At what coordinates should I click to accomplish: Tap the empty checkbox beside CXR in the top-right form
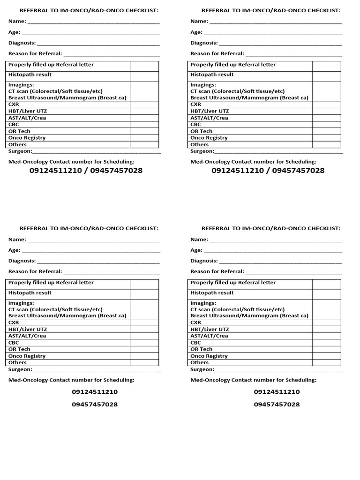pyautogui.click(x=326, y=105)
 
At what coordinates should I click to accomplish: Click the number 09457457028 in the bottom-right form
pyautogui.click(x=277, y=405)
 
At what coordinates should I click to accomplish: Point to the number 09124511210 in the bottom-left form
pyautogui.click(x=95, y=392)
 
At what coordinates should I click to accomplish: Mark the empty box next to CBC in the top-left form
pyautogui.click(x=144, y=125)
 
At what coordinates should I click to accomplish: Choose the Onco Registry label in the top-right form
pyautogui.click(x=209, y=138)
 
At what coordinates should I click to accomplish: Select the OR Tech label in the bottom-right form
pyautogui.click(x=202, y=349)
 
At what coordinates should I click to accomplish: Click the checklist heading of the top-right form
pyautogui.click(x=271, y=10)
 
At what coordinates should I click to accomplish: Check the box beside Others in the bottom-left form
pyautogui.click(x=144, y=363)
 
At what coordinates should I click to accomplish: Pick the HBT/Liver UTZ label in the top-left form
pyautogui.click(x=28, y=111)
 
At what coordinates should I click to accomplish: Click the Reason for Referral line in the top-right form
pyautogui.click(x=293, y=55)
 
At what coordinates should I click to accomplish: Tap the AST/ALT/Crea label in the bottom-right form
pyautogui.click(x=210, y=336)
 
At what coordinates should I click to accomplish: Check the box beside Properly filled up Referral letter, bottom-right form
pyautogui.click(x=326, y=285)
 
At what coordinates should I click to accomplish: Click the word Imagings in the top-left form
pyautogui.click(x=21, y=85)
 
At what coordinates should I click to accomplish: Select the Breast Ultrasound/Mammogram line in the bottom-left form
pyautogui.click(x=67, y=316)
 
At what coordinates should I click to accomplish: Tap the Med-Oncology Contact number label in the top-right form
pyautogui.click(x=254, y=162)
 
